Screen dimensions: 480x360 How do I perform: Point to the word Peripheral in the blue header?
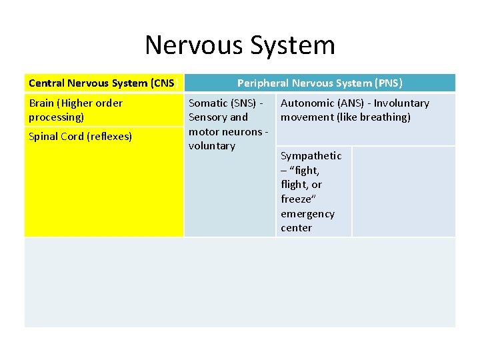coord(263,83)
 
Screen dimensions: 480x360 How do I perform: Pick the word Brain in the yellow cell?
coord(42,103)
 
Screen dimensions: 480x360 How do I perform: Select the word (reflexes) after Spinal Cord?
coord(109,137)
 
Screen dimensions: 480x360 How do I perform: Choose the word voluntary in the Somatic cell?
coord(212,146)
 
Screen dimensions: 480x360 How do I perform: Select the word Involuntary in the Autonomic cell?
coord(401,103)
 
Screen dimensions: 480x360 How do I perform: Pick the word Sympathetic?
coord(311,156)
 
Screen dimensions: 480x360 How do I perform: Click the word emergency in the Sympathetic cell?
coord(307,214)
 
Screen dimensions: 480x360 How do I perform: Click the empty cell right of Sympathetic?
coord(403,191)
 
